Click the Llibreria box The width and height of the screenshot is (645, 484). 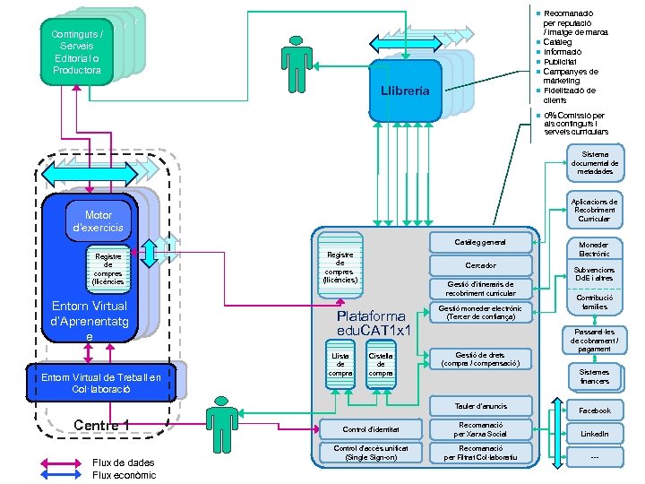[x=405, y=90]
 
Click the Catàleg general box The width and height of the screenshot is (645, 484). [x=480, y=242]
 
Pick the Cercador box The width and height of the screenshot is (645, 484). [x=480, y=265]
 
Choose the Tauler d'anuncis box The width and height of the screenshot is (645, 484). [x=480, y=405]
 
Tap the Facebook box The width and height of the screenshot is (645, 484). [x=594, y=411]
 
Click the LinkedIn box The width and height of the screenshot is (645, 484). [x=594, y=434]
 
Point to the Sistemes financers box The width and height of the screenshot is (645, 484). [x=594, y=376]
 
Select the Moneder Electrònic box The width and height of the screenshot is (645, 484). [x=594, y=248]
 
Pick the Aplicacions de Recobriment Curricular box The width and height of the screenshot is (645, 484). [x=594, y=212]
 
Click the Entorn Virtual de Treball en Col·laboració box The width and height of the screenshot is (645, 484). [x=101, y=383]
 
